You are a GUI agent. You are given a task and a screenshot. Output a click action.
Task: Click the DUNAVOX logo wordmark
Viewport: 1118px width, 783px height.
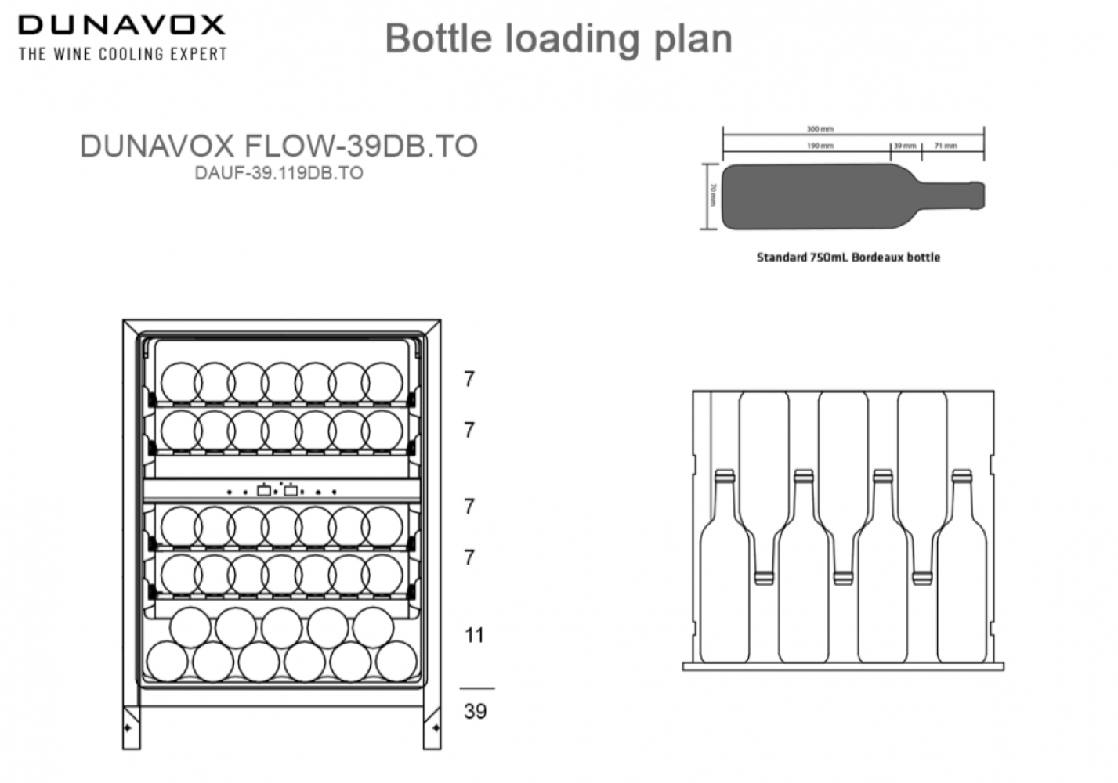point(121,25)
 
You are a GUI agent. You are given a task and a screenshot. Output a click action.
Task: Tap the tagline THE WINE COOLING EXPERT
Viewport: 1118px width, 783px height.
point(122,54)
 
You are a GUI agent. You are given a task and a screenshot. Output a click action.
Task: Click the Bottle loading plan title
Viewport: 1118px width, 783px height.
point(559,38)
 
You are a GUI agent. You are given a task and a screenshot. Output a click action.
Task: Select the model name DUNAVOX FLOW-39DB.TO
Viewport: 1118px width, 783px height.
point(279,146)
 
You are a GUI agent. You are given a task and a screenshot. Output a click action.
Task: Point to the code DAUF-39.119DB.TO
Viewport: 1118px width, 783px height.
point(279,173)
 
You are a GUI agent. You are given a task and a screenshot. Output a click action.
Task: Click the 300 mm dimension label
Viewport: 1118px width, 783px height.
point(820,129)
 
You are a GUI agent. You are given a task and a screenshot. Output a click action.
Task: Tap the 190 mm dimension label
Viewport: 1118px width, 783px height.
point(820,146)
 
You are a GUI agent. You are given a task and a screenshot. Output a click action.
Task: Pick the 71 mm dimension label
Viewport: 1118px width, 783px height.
point(945,146)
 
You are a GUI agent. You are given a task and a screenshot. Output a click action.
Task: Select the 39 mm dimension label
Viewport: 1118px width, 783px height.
point(905,146)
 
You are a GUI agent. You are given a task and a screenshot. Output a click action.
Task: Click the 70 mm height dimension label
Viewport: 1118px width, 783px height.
point(712,195)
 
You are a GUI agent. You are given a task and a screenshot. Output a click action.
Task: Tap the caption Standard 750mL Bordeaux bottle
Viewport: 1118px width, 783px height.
point(848,257)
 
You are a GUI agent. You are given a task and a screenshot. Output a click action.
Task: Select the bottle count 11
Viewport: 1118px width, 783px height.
point(474,635)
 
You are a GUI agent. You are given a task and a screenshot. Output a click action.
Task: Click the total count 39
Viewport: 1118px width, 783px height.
point(475,711)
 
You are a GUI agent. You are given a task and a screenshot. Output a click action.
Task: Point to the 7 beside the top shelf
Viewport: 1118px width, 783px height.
point(469,379)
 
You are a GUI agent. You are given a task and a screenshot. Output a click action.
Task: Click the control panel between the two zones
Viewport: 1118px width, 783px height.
point(281,491)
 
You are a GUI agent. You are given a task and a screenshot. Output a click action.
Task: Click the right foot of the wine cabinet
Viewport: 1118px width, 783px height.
point(432,728)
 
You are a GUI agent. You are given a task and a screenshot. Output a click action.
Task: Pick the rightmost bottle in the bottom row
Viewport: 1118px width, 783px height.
point(396,661)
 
